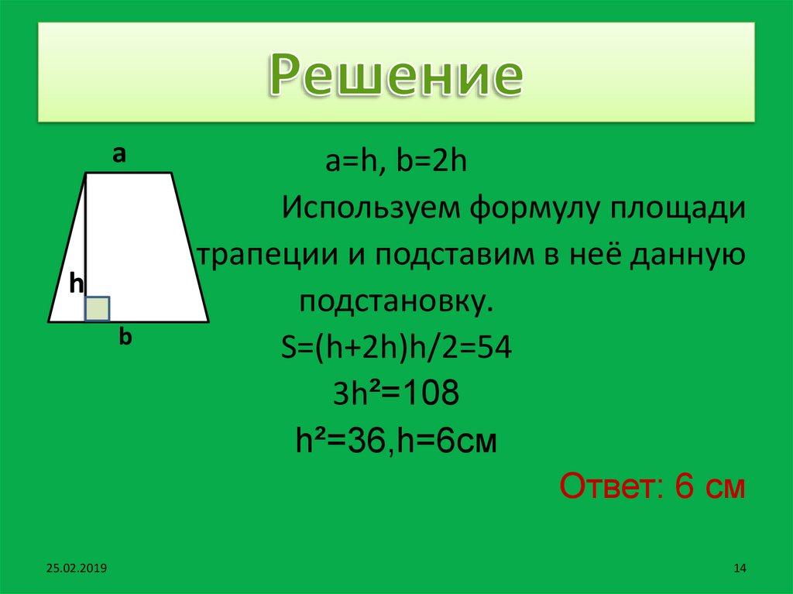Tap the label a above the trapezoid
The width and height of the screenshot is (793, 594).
point(118,155)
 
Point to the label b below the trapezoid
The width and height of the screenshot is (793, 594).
point(125,338)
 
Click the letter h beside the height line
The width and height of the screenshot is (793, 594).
point(76,283)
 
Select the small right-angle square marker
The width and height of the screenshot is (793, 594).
point(98,308)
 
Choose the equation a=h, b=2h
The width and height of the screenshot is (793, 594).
point(396,164)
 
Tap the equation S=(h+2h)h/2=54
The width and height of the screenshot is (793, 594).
point(396,348)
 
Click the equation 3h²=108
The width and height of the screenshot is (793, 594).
point(396,395)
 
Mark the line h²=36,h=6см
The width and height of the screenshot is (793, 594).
point(396,442)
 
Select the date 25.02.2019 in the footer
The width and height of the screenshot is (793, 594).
point(76,569)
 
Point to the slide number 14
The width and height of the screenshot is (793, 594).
point(738,569)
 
